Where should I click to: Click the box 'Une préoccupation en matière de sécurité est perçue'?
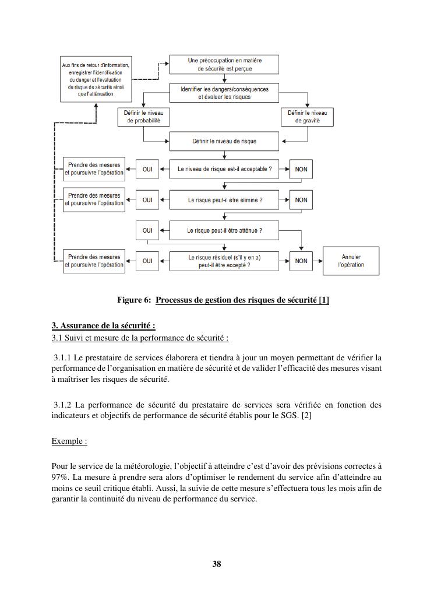[x=224, y=64]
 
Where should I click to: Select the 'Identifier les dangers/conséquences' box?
[x=224, y=93]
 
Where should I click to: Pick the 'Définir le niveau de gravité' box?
[x=308, y=117]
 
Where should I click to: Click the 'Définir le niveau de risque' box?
[x=224, y=141]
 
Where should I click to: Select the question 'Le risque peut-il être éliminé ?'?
[x=224, y=200]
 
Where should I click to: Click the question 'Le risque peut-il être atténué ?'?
[x=224, y=230]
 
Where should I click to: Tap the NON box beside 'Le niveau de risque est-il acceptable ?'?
[x=301, y=169]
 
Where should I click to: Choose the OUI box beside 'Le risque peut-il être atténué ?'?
[x=147, y=230]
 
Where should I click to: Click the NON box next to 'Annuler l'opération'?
[x=301, y=261]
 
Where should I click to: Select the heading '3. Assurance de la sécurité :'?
[x=103, y=326]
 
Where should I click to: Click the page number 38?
[x=217, y=564]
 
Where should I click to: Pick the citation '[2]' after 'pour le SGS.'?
[x=307, y=415]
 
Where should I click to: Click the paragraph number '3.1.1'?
[x=62, y=357]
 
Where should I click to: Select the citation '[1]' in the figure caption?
[x=324, y=300]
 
